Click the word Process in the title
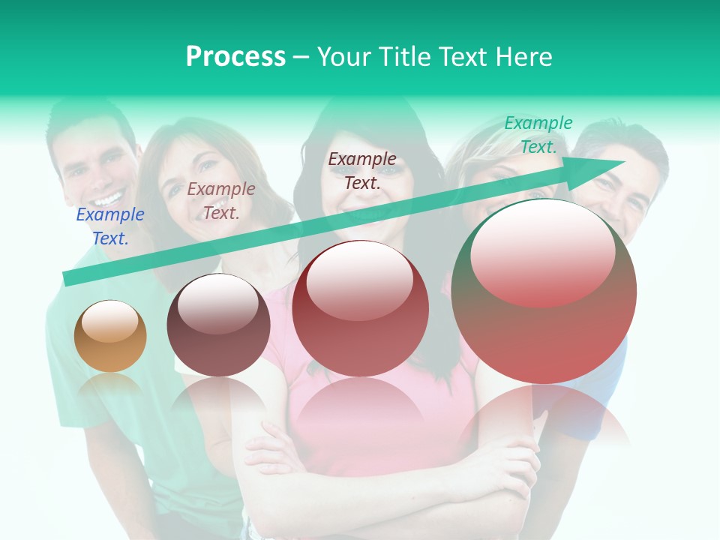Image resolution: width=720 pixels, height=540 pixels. [x=235, y=57]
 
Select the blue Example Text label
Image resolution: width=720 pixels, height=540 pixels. [x=110, y=226]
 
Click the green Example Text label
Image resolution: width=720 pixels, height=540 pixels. [x=538, y=135]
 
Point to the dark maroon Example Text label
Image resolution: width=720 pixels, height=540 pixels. [x=362, y=170]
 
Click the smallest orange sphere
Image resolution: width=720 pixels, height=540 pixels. [x=110, y=336]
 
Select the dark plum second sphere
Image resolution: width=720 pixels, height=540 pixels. [x=218, y=325]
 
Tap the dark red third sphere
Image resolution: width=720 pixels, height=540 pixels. [x=361, y=309]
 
